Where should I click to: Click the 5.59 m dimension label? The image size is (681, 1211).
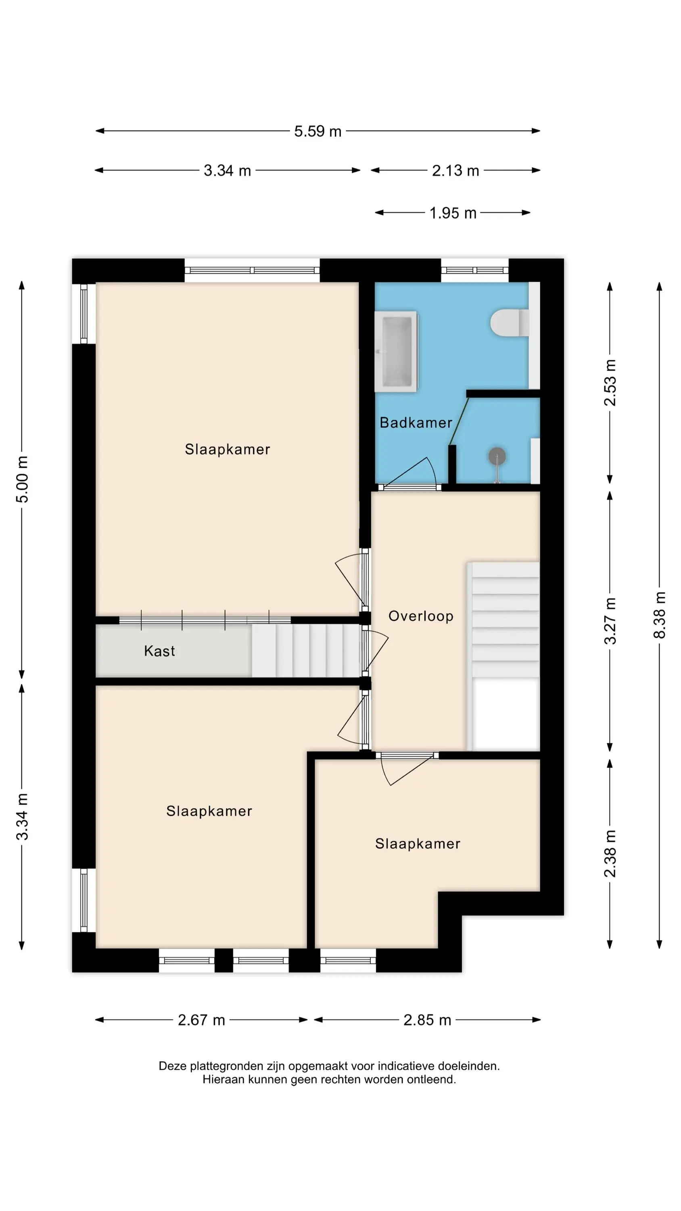(x=318, y=131)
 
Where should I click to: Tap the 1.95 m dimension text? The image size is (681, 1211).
(x=453, y=213)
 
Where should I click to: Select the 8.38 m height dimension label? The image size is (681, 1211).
(x=659, y=614)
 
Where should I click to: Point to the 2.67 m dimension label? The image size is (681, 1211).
(x=201, y=1020)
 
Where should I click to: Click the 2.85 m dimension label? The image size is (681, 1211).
(x=427, y=1020)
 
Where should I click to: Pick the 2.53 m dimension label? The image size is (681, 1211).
(x=610, y=383)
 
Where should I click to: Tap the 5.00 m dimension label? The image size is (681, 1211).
(x=22, y=479)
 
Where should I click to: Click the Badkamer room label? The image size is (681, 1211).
(x=416, y=423)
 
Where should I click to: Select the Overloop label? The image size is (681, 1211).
(x=421, y=616)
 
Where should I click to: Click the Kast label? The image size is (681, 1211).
(x=160, y=651)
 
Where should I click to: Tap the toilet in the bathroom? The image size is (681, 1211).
(x=510, y=323)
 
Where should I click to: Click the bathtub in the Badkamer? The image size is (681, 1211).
(x=396, y=351)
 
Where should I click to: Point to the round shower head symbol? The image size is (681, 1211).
(x=497, y=456)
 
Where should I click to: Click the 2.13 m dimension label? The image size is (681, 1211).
(x=455, y=171)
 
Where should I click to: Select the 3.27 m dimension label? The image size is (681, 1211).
(x=610, y=621)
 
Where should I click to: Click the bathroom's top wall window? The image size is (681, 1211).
(x=475, y=270)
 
